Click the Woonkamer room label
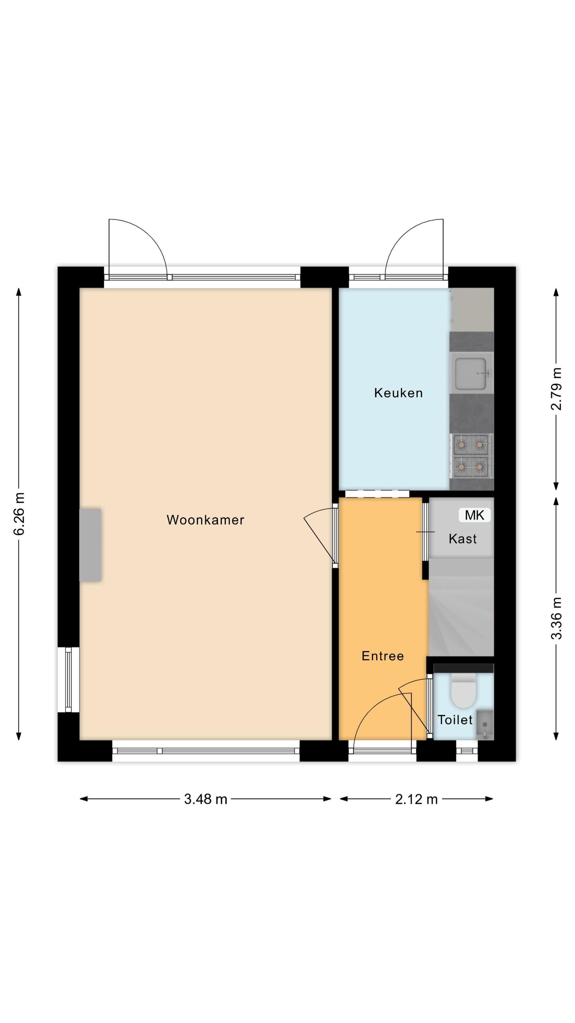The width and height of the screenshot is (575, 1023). (205, 520)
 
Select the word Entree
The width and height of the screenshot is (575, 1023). (383, 656)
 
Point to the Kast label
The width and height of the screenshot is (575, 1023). (463, 539)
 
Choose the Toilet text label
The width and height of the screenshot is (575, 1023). (455, 720)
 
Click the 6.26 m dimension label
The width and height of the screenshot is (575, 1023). (19, 514)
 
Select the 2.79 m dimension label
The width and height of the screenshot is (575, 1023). (556, 389)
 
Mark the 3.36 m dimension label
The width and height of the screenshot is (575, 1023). (556, 618)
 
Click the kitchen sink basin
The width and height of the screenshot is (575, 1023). (471, 374)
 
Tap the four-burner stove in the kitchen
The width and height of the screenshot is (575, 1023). (471, 456)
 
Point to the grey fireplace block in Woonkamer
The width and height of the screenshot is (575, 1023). (90, 545)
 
